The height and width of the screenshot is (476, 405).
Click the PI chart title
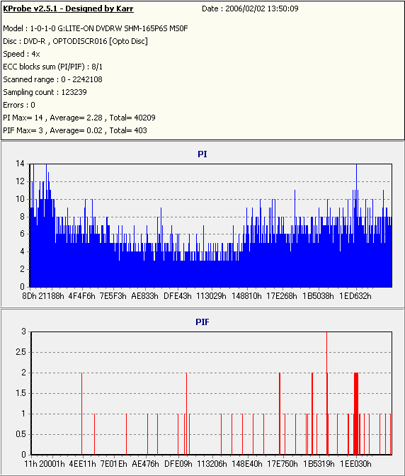[202, 154]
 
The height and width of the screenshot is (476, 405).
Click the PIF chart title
[202, 322]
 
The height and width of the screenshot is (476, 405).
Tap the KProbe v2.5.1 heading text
[68, 8]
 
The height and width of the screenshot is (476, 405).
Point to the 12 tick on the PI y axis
[21, 181]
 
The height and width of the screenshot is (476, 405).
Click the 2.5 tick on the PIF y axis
[21, 352]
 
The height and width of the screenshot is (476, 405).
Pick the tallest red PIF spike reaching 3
[326, 393]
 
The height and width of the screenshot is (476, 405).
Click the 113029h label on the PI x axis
[211, 296]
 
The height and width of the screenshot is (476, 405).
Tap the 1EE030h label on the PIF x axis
[355, 464]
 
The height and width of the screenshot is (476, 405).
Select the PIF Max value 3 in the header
[40, 130]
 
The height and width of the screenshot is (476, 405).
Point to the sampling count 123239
[74, 92]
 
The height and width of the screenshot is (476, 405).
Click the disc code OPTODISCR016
[80, 41]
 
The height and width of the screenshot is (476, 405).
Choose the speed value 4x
[36, 54]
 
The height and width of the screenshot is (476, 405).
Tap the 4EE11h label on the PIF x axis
[82, 464]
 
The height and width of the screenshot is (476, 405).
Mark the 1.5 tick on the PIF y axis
[21, 393]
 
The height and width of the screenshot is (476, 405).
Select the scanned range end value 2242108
[87, 79]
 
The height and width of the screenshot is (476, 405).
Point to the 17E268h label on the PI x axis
[282, 296]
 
